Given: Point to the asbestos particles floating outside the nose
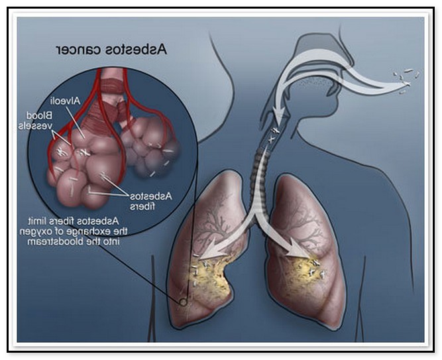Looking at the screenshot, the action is pyautogui.click(x=405, y=81).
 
